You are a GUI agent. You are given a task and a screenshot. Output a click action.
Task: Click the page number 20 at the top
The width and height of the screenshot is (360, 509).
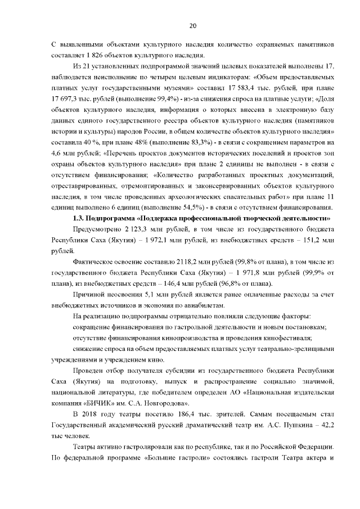point(192,26)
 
